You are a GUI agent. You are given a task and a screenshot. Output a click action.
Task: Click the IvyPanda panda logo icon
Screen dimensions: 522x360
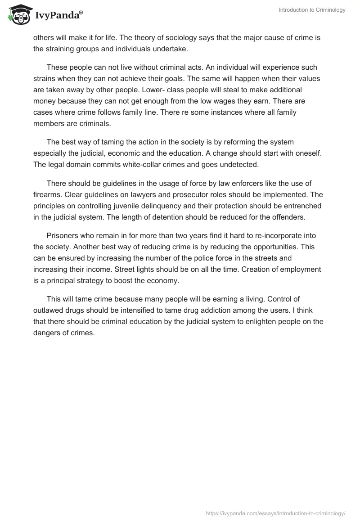pyautogui.click(x=18, y=14)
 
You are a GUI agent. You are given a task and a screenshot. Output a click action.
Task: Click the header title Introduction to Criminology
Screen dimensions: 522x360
pyautogui.click(x=312, y=10)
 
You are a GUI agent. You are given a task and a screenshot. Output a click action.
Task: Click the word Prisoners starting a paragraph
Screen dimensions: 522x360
pyautogui.click(x=63, y=236)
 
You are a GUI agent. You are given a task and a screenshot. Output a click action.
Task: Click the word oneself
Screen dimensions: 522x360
pyautogui.click(x=289, y=153)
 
